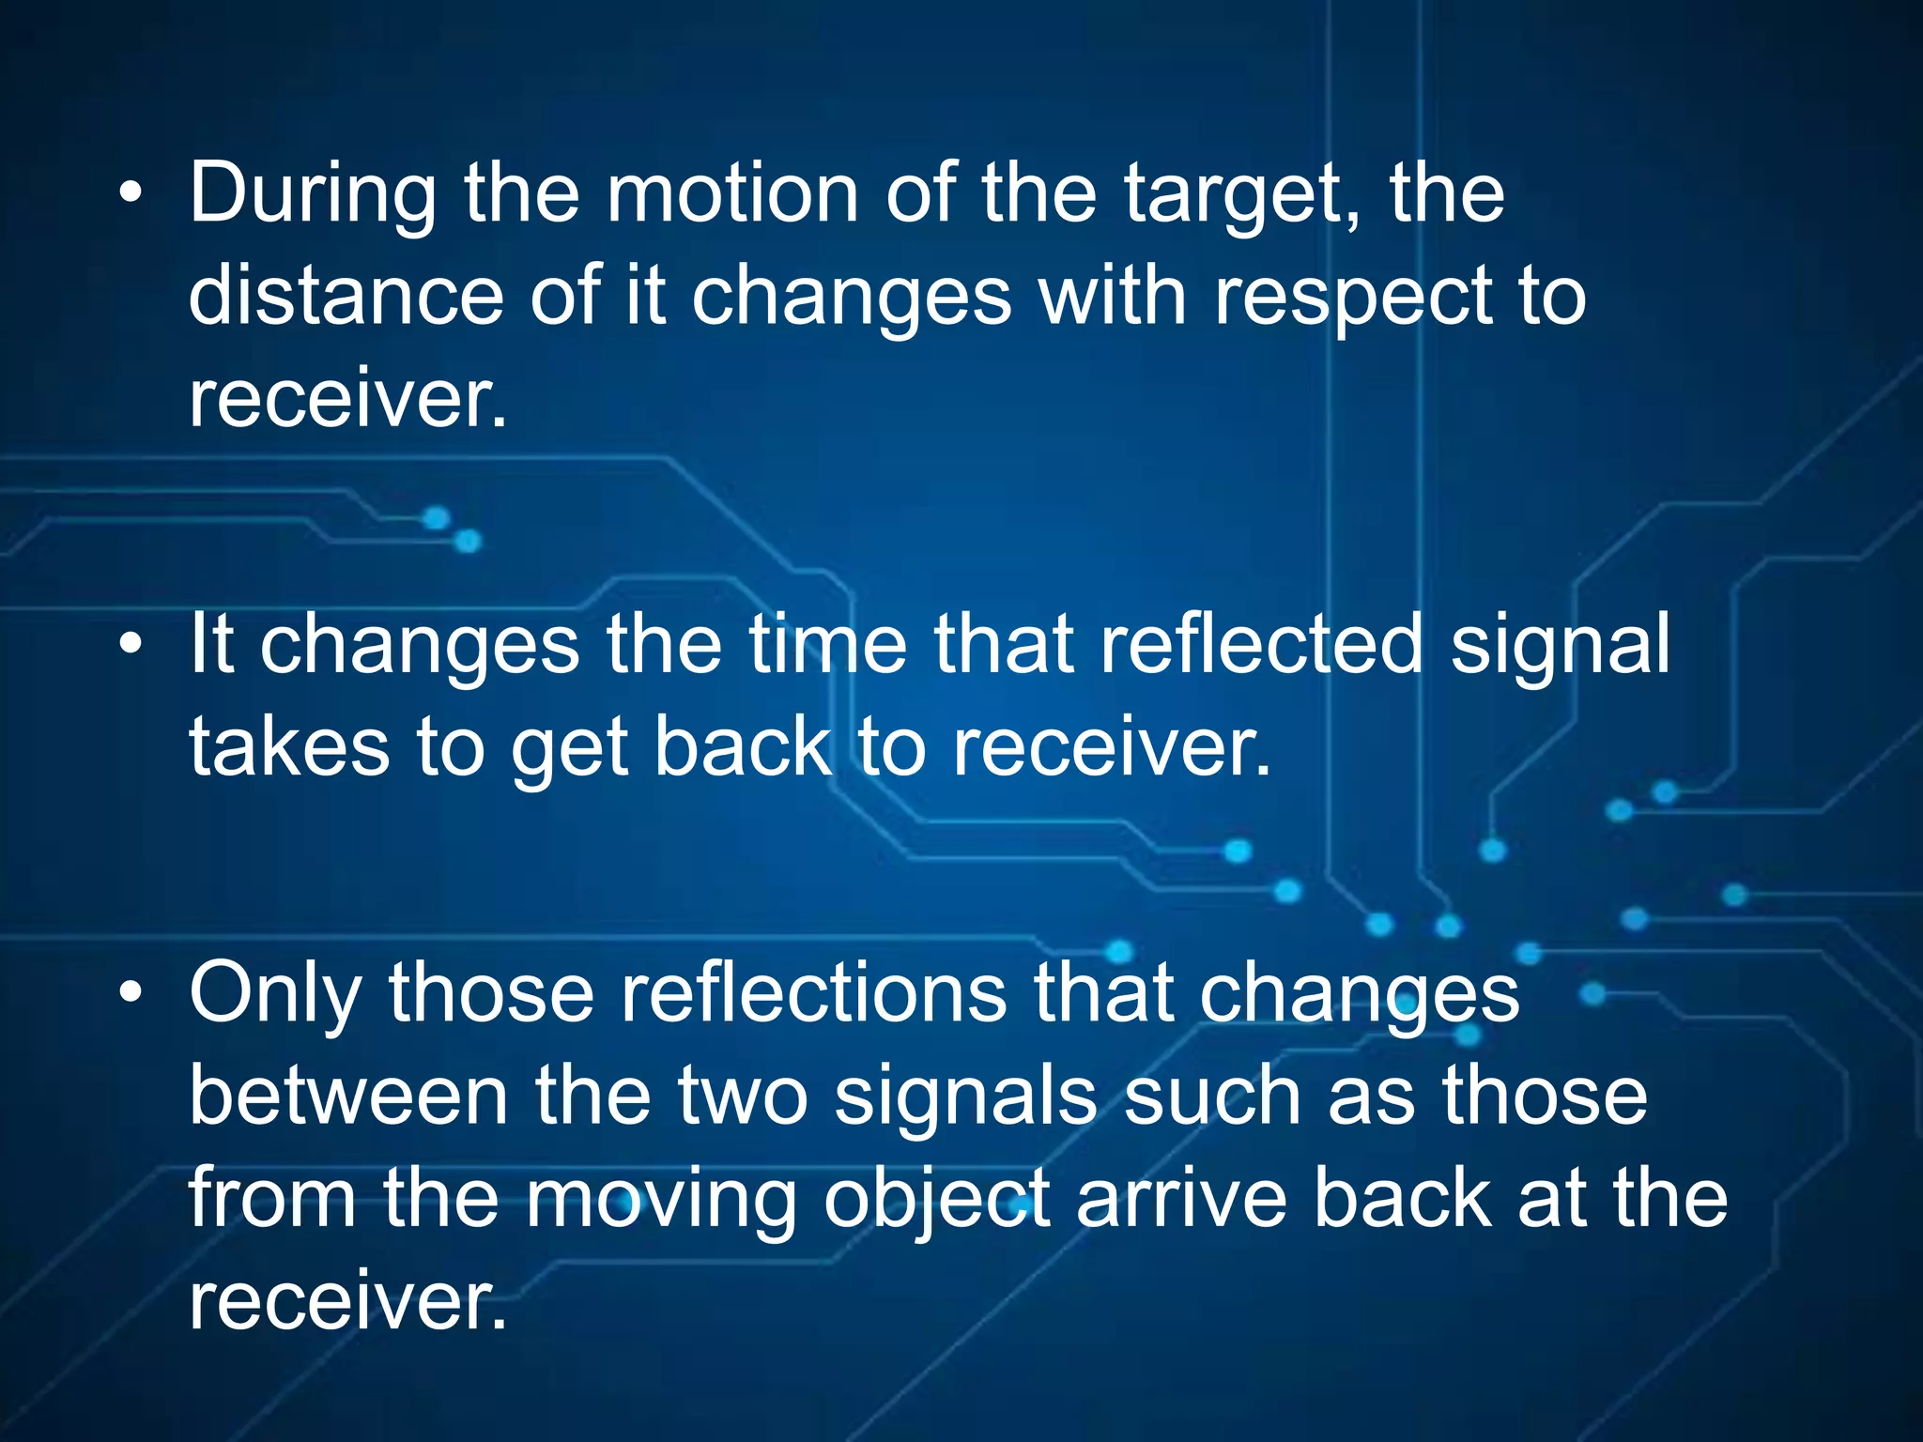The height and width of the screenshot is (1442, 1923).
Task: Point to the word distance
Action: coord(346,295)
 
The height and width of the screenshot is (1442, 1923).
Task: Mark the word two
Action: coord(743,1097)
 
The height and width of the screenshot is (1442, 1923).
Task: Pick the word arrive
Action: coord(1182,1199)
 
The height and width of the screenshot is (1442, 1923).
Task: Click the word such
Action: coord(1211,1096)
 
